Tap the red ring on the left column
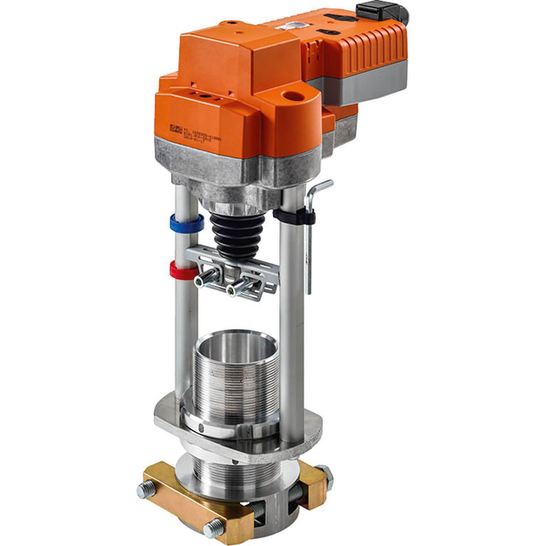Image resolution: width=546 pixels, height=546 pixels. [182, 270]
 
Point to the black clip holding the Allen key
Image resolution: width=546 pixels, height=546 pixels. [293, 217]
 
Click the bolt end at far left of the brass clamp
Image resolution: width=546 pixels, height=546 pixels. [146, 490]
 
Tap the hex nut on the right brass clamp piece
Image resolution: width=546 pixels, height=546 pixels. [323, 472]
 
